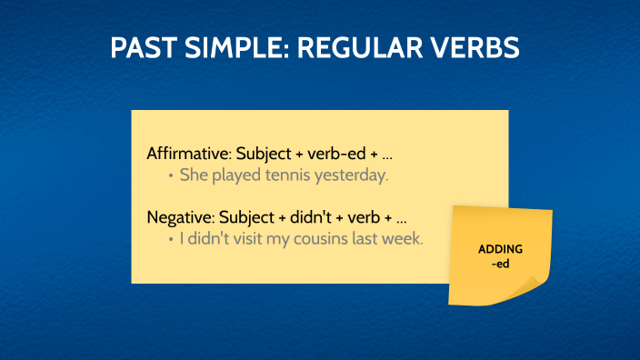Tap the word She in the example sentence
(x=193, y=175)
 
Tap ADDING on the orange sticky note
(x=501, y=249)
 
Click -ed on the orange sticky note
(x=500, y=265)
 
